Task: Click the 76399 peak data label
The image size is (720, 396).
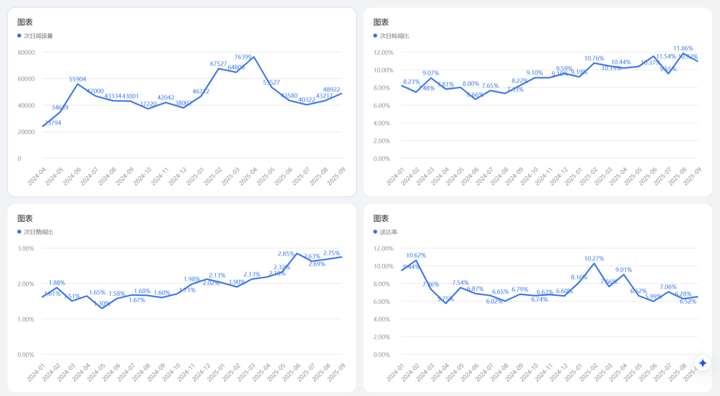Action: pyautogui.click(x=243, y=57)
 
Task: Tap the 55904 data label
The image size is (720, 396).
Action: pyautogui.click(x=77, y=79)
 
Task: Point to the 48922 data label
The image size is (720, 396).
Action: pyautogui.click(x=332, y=89)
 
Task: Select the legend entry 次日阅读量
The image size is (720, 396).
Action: pyautogui.click(x=38, y=36)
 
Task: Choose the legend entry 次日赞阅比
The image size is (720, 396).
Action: pyautogui.click(x=38, y=232)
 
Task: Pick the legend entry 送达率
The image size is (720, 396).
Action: pyautogui.click(x=389, y=232)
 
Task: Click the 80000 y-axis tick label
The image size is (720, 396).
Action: pyautogui.click(x=27, y=52)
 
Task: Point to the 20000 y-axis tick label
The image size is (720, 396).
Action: pyautogui.click(x=27, y=132)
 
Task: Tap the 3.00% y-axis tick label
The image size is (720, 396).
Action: pyautogui.click(x=26, y=248)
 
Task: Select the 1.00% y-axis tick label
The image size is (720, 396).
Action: pyautogui.click(x=26, y=319)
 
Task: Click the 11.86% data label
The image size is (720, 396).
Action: pyautogui.click(x=683, y=49)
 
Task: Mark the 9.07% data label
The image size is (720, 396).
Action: pyautogui.click(x=431, y=73)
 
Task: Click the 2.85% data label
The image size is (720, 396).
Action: pyautogui.click(x=286, y=254)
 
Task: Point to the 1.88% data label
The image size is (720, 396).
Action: pyautogui.click(x=57, y=282)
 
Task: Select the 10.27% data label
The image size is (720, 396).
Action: pyautogui.click(x=594, y=259)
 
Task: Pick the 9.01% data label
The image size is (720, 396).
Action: pyautogui.click(x=623, y=270)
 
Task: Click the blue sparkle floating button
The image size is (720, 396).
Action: pyautogui.click(x=703, y=363)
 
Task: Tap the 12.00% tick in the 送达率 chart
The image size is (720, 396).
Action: pyautogui.click(x=383, y=248)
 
